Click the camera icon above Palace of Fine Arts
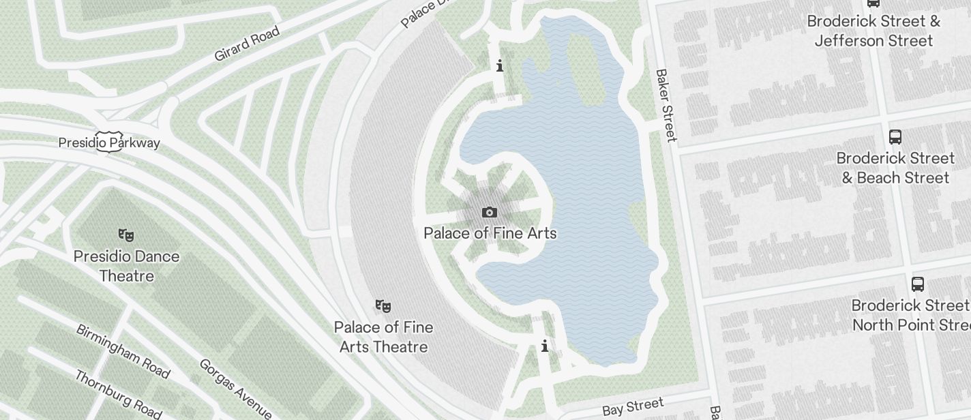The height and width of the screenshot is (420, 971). coord(489,213)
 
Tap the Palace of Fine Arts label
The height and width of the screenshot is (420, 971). coord(490,233)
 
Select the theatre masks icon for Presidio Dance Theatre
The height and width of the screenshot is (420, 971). coord(126,235)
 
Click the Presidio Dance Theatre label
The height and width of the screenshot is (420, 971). coord(127,266)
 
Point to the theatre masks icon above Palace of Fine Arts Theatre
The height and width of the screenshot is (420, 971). coord(383,306)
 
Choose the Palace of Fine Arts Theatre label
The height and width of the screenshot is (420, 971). coord(383,337)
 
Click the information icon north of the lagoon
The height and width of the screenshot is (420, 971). coord(501,66)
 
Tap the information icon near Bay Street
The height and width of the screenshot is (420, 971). coord(545,346)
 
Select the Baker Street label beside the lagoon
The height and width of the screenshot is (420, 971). coord(666,105)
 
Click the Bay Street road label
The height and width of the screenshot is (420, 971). coord(633,407)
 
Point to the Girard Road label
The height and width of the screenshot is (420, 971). coord(247,44)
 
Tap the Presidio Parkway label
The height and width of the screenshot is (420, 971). coord(109,142)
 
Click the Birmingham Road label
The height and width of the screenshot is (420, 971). coord(122,350)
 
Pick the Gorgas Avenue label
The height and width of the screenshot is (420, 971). coord(235,387)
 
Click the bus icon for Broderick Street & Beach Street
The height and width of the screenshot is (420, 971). coord(895,137)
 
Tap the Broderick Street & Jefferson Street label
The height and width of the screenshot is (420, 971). coord(873,31)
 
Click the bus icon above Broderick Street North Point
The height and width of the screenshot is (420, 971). coord(918,284)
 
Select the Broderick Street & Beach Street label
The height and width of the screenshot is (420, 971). coord(895,168)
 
